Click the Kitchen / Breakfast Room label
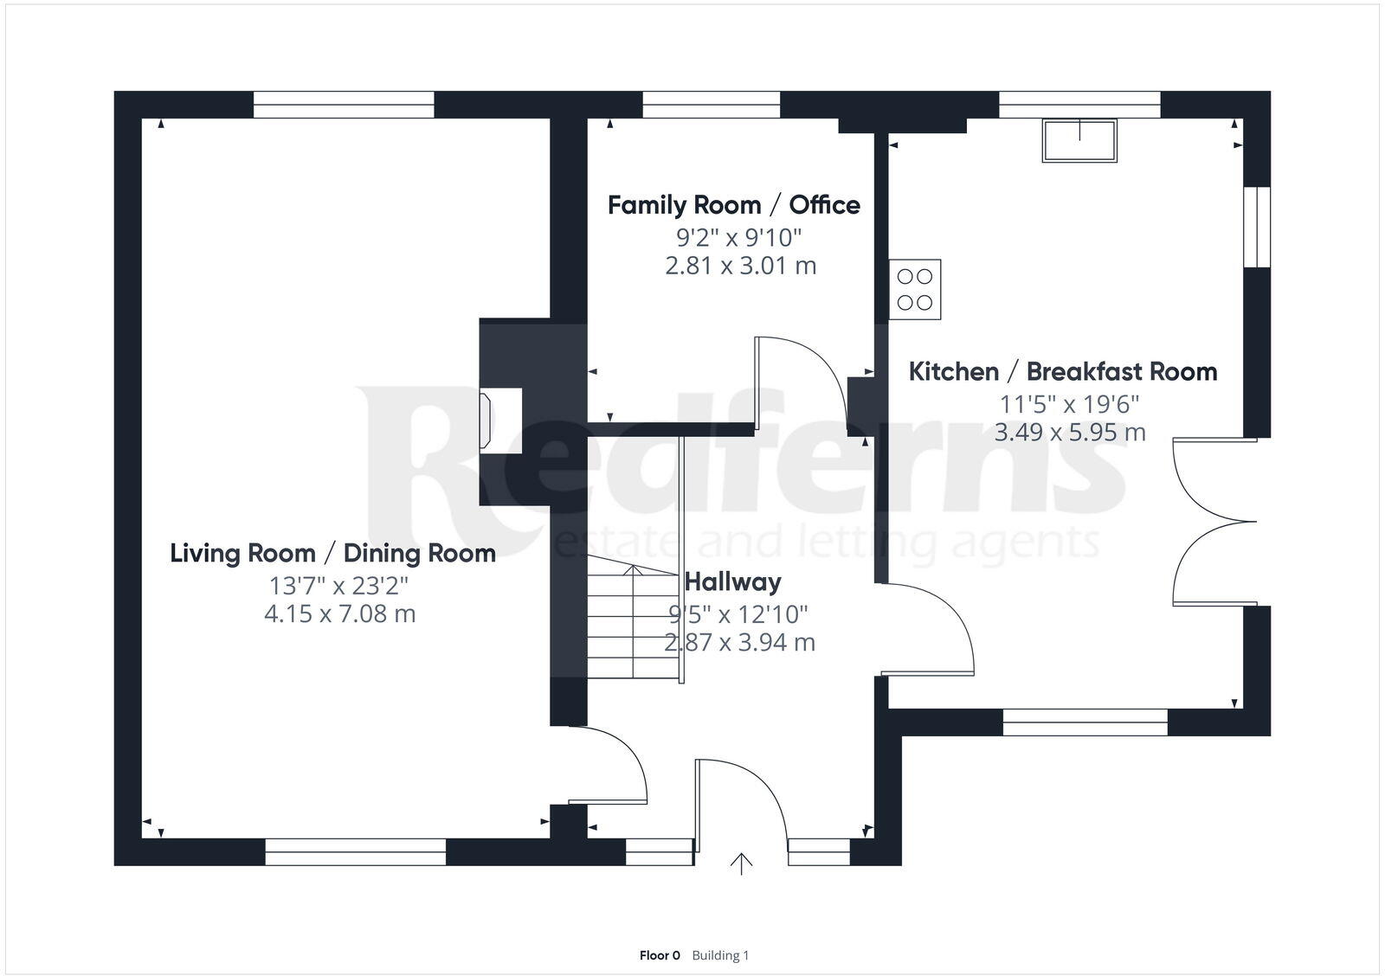[x=1062, y=372]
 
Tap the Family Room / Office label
[x=733, y=206]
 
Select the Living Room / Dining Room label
[x=332, y=554]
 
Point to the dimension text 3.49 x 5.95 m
[x=1069, y=432]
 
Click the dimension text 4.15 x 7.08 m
[x=339, y=614]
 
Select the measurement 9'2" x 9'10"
[x=738, y=236]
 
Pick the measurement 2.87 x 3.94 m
[x=739, y=643]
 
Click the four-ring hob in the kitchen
[x=915, y=290]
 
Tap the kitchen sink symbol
[x=1079, y=140]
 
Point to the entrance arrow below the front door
[x=741, y=864]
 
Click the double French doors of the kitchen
[x=1212, y=522]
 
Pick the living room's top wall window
[x=344, y=105]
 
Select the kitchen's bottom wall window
[x=1085, y=722]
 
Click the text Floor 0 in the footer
[x=660, y=955]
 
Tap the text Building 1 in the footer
[x=720, y=955]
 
